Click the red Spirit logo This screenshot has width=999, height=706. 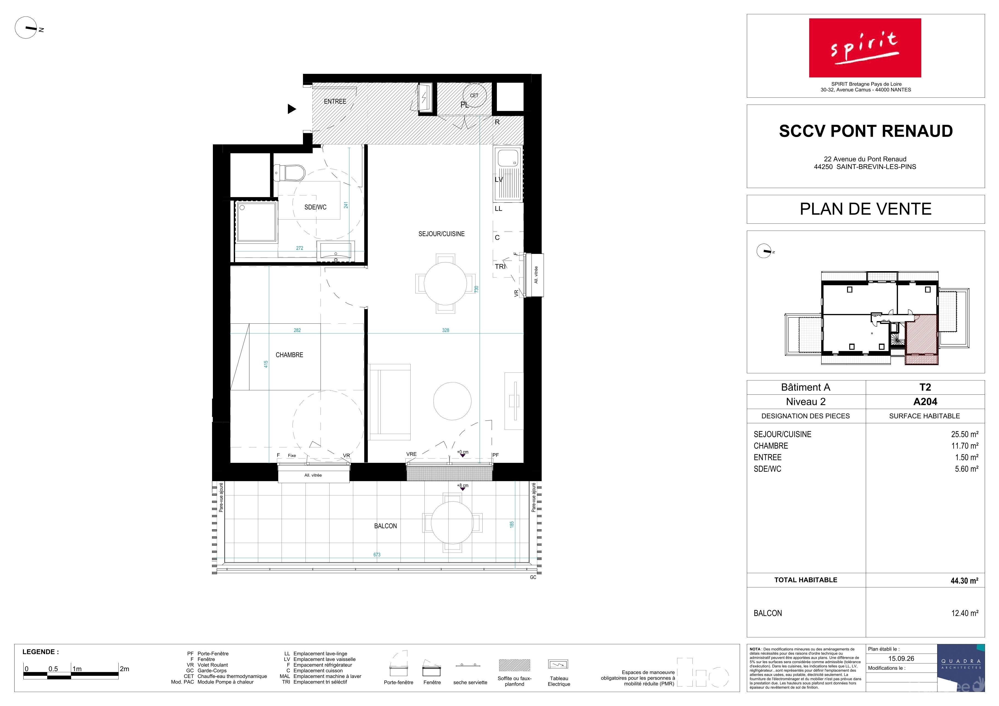click(865, 48)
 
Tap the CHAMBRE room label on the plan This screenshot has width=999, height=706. click(289, 355)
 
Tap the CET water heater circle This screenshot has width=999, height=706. click(474, 95)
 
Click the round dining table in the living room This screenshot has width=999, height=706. click(445, 284)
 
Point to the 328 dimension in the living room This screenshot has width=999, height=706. click(446, 330)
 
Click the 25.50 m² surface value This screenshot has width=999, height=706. click(965, 434)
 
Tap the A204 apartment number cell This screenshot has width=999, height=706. click(925, 402)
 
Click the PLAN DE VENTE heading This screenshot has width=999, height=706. click(866, 209)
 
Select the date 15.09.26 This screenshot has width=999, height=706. click(901, 659)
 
